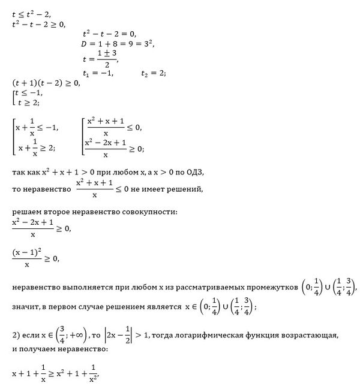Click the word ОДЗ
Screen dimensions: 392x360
coord(196,172)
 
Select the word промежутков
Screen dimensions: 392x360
coord(266,289)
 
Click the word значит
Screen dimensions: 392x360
coord(25,307)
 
